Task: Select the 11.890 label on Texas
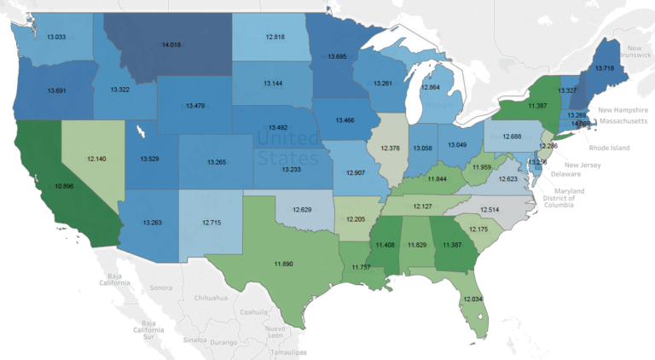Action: (283, 264)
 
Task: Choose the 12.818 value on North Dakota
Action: (275, 37)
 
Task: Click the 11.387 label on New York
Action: (537, 105)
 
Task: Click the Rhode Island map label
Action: (608, 148)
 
